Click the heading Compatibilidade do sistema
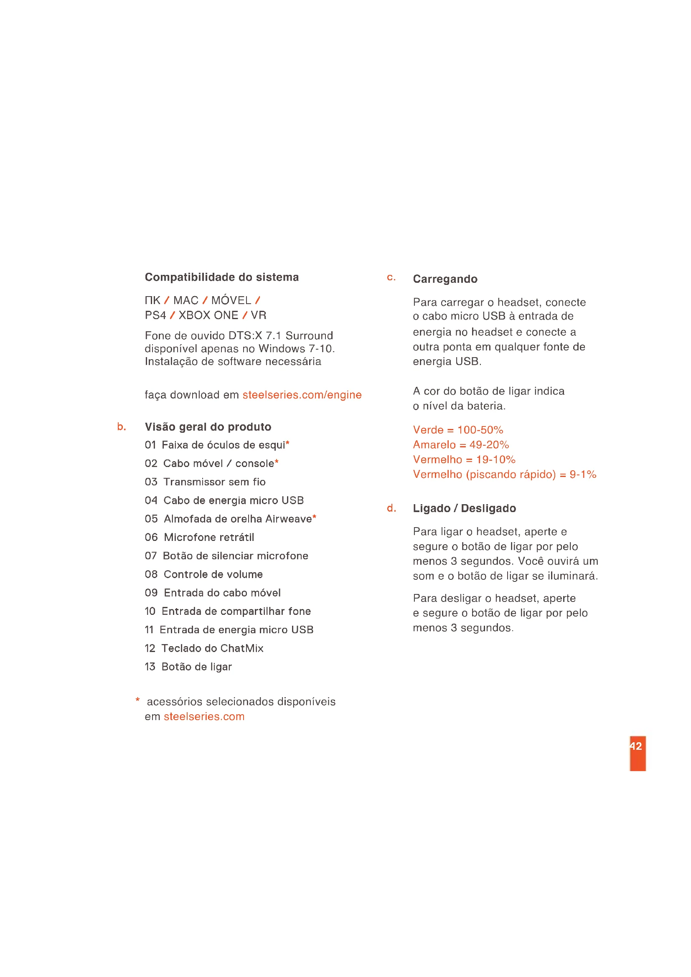click(x=222, y=277)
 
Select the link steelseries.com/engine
click(x=302, y=395)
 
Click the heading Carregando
click(x=445, y=279)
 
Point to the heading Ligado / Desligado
click(x=464, y=508)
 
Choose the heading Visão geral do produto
click(x=208, y=427)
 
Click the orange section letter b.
click(x=121, y=427)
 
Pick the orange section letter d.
click(x=391, y=508)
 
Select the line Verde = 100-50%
click(x=458, y=430)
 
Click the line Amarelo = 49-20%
click(x=461, y=445)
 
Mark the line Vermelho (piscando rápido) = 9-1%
click(x=504, y=475)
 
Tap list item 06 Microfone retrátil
click(x=199, y=538)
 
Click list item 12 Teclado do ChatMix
click(x=204, y=649)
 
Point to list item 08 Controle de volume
click(x=203, y=574)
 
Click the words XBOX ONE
click(x=208, y=315)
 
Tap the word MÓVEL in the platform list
click(x=231, y=300)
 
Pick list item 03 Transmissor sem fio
click(x=205, y=482)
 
